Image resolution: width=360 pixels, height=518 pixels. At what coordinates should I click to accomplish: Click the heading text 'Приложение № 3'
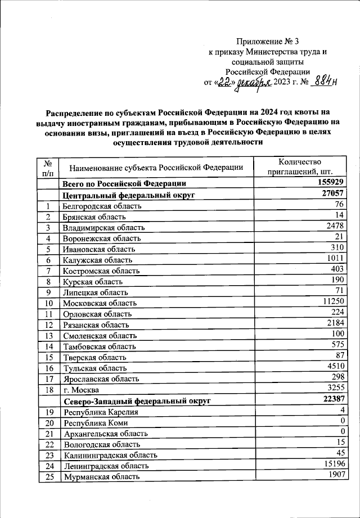pos(267,41)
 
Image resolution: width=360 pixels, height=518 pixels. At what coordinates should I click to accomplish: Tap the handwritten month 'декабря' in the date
pos(253,83)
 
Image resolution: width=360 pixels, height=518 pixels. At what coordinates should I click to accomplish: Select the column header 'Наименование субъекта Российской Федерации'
pos(156,168)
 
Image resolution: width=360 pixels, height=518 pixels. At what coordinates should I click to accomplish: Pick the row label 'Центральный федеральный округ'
pos(129,195)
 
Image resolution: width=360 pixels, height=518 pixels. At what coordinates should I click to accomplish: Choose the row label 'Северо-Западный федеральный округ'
pos(137,401)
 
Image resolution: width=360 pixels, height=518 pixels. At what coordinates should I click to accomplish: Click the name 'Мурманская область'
pos(101,477)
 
